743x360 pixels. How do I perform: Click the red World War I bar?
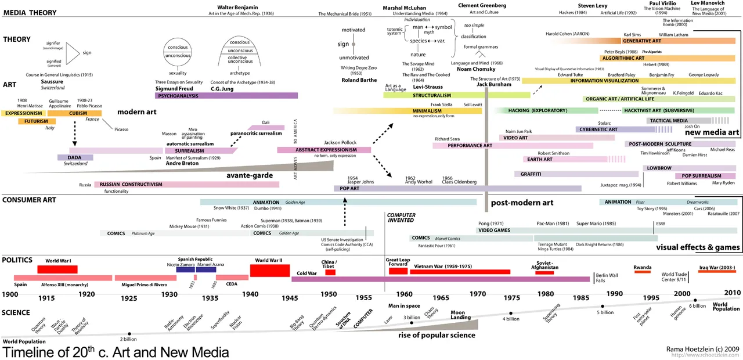57,269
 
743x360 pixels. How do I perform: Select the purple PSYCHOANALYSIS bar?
226,95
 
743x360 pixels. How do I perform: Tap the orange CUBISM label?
78,113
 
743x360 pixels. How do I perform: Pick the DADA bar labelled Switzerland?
75,157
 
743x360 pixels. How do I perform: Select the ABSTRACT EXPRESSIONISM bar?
324,150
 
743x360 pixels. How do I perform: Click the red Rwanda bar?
643,272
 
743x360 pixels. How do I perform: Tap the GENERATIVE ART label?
642,41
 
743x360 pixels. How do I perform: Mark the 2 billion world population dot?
129,334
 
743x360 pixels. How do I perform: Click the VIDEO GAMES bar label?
494,231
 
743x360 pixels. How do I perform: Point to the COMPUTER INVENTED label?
401,218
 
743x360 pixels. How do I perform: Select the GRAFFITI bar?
531,174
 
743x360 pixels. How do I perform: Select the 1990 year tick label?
615,294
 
